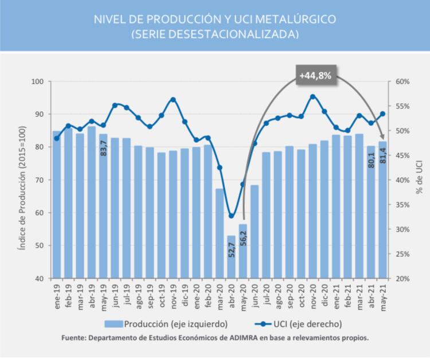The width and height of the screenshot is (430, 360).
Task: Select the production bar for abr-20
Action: coord(231,257)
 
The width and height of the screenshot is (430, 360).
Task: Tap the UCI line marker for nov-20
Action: coord(313,96)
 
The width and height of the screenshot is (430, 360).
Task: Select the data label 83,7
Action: coord(104,147)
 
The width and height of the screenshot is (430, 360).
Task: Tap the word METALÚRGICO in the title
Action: coord(295,19)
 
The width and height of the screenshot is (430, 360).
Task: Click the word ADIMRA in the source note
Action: coord(234,338)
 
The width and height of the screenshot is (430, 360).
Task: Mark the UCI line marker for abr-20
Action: coord(231,216)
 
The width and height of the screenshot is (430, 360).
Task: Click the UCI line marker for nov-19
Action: coord(173,99)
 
